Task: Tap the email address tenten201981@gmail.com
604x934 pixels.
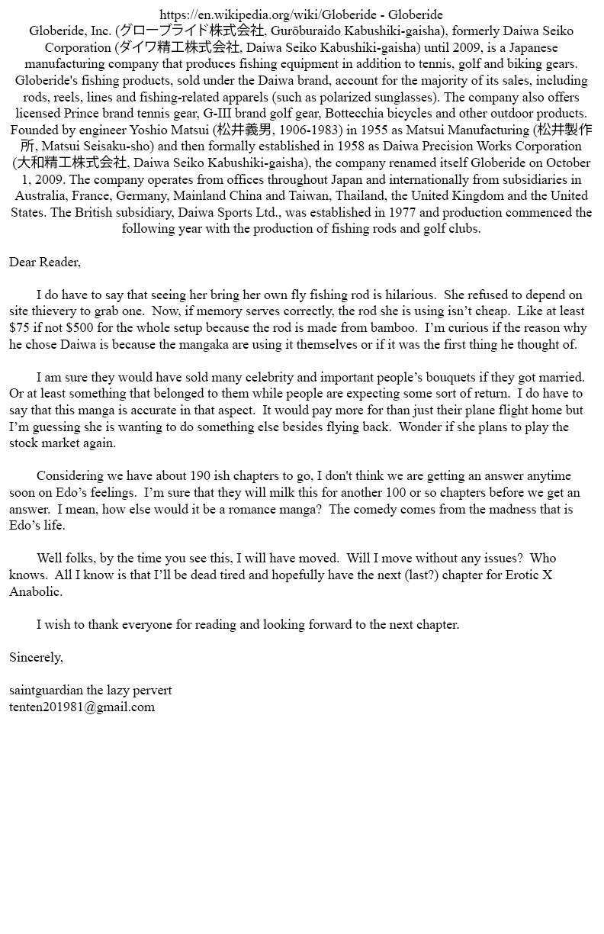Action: pyautogui.click(x=82, y=707)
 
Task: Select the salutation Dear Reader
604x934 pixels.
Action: pyautogui.click(x=44, y=262)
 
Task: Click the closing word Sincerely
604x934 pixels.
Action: pyautogui.click(x=35, y=657)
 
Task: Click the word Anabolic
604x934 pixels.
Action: pyautogui.click(x=35, y=591)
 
